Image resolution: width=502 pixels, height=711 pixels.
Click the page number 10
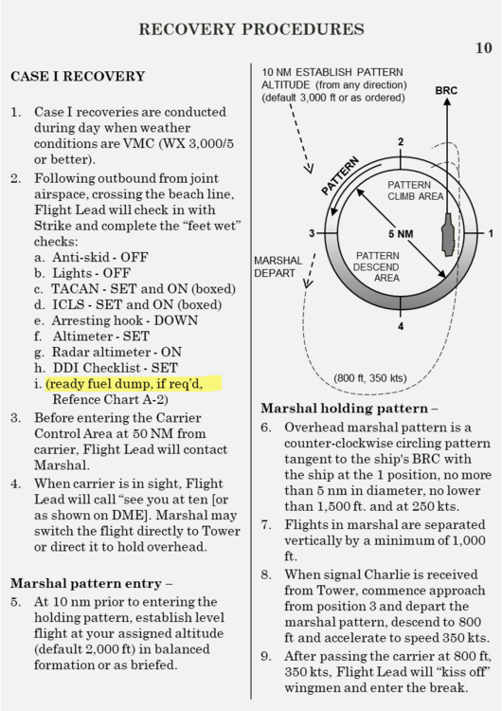(x=483, y=47)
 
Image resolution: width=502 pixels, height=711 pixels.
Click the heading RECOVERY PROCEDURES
(x=251, y=29)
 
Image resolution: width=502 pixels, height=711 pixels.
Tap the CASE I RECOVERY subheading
(x=78, y=76)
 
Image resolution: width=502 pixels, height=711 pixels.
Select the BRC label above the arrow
(x=446, y=91)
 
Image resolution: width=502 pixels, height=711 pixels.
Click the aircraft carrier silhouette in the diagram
(x=448, y=234)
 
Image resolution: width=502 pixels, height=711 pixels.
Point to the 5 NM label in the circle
(x=401, y=234)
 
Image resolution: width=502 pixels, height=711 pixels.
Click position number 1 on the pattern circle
(x=491, y=233)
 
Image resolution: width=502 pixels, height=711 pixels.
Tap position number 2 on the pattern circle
(x=401, y=142)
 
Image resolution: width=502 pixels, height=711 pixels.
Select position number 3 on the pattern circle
(x=312, y=233)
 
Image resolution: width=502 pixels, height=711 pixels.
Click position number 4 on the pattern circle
(x=401, y=326)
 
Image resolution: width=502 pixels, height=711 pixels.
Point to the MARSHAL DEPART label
(x=278, y=266)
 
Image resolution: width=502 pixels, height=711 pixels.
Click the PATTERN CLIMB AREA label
(x=415, y=191)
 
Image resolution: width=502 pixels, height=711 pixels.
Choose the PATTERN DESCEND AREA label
(x=377, y=266)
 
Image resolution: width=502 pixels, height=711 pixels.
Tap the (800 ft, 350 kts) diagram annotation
(x=370, y=378)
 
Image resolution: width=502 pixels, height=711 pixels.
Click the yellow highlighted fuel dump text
(x=124, y=384)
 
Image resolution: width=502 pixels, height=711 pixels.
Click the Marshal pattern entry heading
(x=91, y=583)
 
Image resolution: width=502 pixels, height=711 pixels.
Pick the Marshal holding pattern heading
(x=350, y=409)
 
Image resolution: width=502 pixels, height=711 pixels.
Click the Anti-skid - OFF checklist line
(x=91, y=258)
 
